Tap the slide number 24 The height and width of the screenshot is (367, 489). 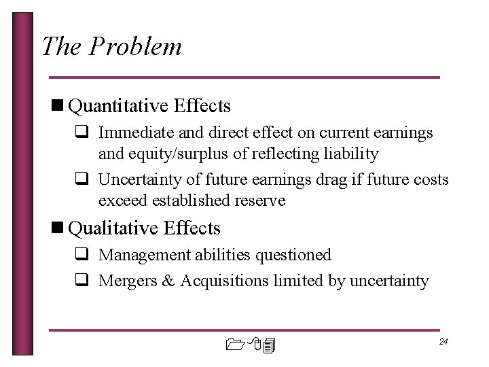(x=443, y=341)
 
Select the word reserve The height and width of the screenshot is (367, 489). (x=262, y=200)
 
